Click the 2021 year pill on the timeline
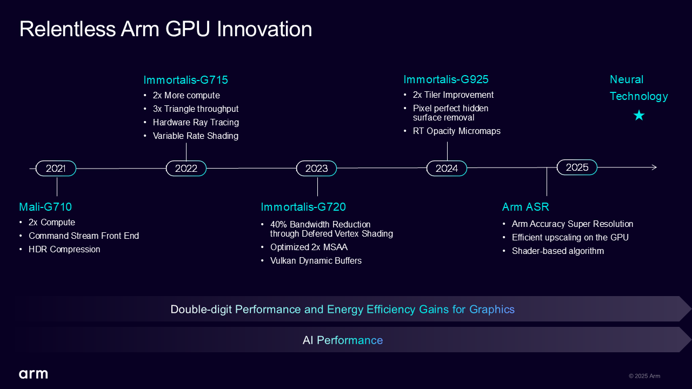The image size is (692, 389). coord(56,168)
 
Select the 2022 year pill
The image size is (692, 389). coord(187,168)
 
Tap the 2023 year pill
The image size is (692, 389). coord(317,168)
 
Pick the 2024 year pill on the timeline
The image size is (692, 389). coord(447,168)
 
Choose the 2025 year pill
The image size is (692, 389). coord(577,167)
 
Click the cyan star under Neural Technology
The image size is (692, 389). coord(639,116)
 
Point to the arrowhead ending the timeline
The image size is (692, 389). coord(654,167)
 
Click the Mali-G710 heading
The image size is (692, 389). coord(45,207)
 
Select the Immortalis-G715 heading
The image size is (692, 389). coord(185,80)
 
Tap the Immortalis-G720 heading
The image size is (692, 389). coord(303,207)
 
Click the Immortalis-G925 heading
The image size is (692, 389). coord(446,79)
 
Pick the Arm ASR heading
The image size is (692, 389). coord(525,207)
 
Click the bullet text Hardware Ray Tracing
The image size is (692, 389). coord(196,123)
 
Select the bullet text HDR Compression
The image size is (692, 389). coord(64,250)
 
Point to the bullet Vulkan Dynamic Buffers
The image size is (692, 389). coord(316,261)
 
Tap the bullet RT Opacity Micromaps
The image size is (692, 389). coord(457,131)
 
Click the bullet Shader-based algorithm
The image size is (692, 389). coord(558,251)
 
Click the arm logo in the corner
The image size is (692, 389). coord(34,374)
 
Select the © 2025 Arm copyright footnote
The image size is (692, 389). coord(644,376)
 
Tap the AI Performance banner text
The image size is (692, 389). coord(343,340)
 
